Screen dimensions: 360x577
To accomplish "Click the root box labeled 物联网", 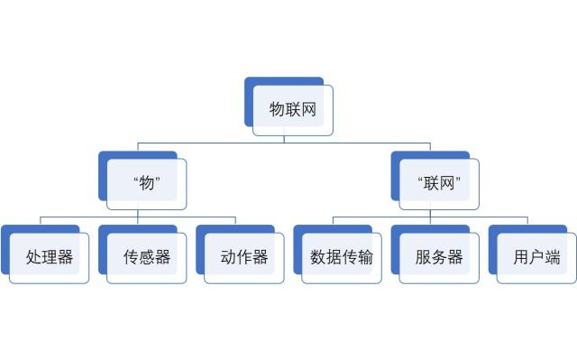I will [292, 110].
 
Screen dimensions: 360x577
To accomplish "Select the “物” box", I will [146, 183].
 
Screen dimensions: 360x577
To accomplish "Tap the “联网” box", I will [439, 183].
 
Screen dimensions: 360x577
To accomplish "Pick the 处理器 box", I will [49, 257].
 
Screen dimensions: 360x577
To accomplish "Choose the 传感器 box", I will [146, 257].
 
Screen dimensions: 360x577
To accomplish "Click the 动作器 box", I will [244, 257].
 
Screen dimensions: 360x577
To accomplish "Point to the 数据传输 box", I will [342, 257].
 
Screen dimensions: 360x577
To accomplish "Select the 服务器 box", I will [439, 257].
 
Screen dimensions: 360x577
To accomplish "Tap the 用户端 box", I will [536, 257].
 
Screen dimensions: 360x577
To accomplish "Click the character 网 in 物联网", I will [308, 110].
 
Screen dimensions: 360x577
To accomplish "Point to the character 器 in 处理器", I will [65, 257].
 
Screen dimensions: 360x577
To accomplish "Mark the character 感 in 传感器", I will [147, 257].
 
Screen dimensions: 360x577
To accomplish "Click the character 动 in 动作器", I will [228, 257].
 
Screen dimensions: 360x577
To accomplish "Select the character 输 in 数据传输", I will [365, 257].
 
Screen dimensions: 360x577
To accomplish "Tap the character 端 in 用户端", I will [553, 257].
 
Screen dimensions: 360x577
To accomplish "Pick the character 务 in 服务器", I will [439, 257].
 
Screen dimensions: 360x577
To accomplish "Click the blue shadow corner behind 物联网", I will [250, 82].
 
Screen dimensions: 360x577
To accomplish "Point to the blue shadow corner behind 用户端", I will [493, 230].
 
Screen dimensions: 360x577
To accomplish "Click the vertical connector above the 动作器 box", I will [235, 221].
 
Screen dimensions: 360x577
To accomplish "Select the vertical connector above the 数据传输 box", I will [333, 221].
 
